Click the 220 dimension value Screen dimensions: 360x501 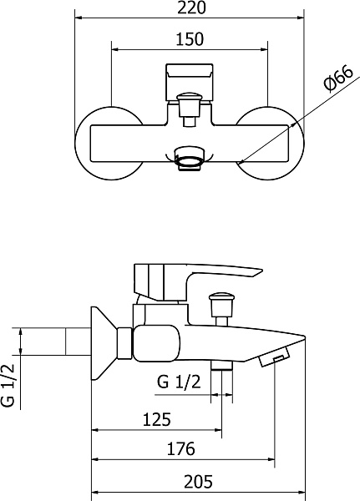(x=191, y=8)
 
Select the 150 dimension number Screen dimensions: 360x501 (x=190, y=39)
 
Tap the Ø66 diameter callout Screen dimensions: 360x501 (x=338, y=78)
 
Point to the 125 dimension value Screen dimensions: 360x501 (x=157, y=419)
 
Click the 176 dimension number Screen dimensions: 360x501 (x=180, y=448)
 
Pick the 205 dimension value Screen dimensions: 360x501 (x=198, y=482)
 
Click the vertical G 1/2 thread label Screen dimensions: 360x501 (x=8, y=385)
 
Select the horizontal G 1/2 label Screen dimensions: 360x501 (x=179, y=382)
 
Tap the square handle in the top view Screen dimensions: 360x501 (x=190, y=82)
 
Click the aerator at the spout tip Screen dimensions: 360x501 (x=274, y=357)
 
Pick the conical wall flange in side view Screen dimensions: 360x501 (x=102, y=343)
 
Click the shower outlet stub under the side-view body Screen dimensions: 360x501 (x=221, y=365)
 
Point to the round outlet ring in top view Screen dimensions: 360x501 (x=190, y=159)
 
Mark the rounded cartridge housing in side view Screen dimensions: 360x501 (x=157, y=343)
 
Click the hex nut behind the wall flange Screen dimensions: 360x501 (x=124, y=343)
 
